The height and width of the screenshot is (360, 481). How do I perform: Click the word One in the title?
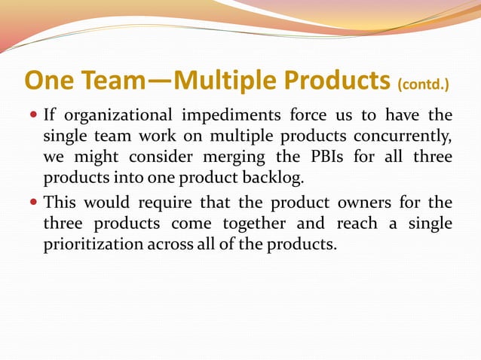(x=47, y=80)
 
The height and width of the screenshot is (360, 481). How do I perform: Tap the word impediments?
(x=231, y=115)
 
